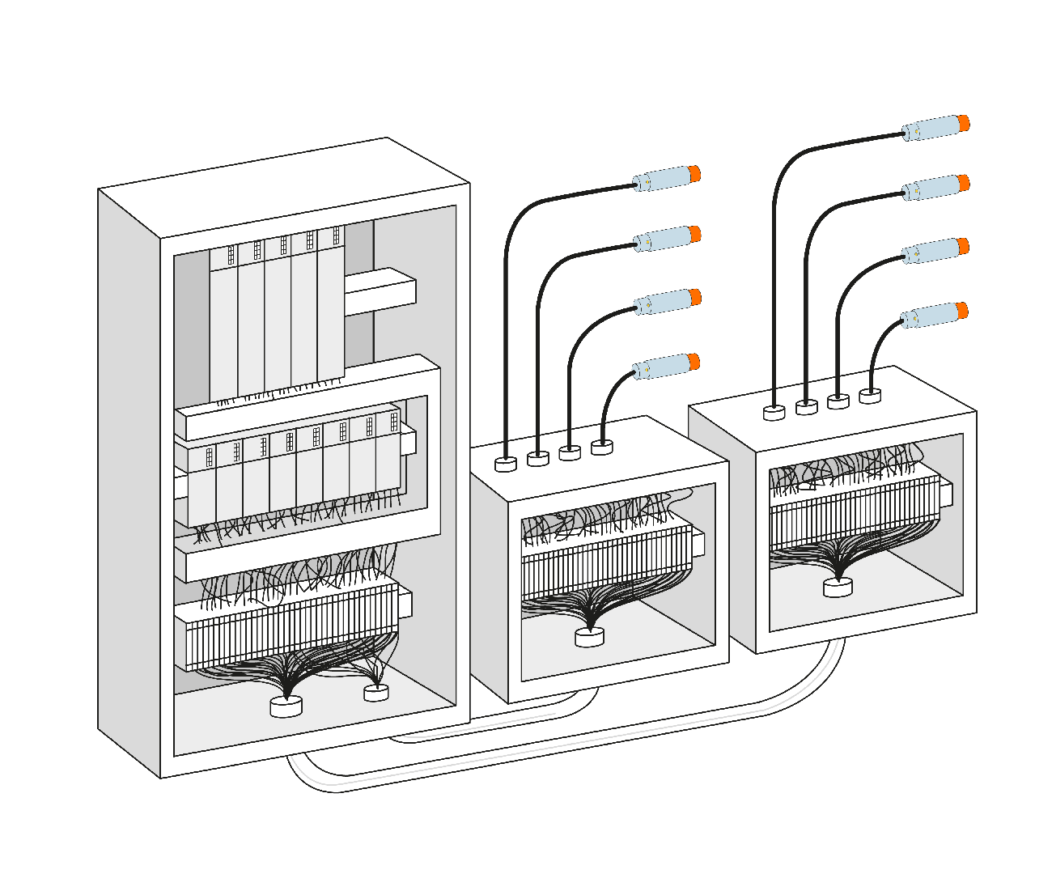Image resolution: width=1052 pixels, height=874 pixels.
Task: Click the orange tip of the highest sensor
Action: point(963,123)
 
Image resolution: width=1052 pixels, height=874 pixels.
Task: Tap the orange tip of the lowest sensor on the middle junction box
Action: point(694,361)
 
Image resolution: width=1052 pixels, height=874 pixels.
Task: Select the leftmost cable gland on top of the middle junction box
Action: point(506,464)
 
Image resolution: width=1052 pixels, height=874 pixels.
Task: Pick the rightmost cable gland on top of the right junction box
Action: point(870,396)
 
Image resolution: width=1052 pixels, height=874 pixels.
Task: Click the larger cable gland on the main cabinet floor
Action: point(286,706)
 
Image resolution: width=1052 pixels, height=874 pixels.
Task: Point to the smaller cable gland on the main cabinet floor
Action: point(375,693)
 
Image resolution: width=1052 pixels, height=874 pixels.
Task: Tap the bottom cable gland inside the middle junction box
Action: point(589,637)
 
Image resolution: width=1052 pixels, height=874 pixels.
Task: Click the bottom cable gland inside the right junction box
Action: point(838,588)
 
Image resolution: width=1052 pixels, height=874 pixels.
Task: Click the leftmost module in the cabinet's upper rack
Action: point(223,324)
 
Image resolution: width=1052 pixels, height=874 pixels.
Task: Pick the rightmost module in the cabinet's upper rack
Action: point(331,308)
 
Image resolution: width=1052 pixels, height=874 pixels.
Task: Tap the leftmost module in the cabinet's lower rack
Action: point(202,486)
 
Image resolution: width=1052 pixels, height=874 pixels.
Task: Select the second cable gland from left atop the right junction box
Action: point(807,407)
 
